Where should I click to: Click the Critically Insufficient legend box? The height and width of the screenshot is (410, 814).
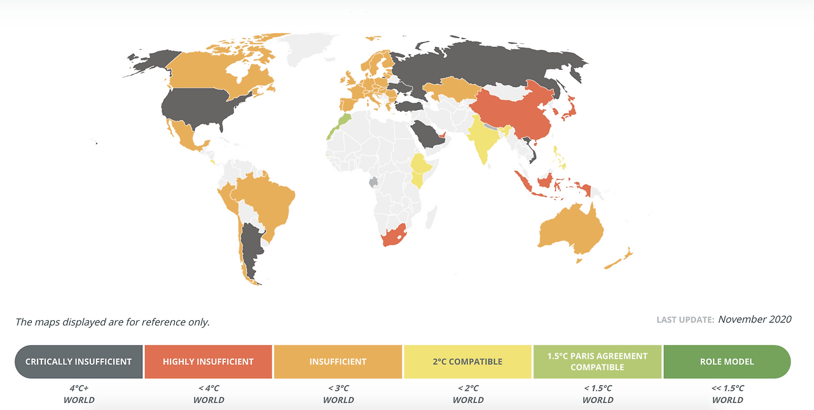tap(79, 362)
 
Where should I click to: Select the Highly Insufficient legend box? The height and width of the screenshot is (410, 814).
tap(208, 362)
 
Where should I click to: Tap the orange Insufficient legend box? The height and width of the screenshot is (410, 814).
tap(338, 362)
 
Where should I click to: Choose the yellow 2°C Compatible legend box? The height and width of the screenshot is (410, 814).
tap(467, 362)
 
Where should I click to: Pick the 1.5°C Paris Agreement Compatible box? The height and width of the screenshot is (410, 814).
tap(597, 362)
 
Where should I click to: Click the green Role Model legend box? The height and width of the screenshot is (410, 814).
tap(726, 362)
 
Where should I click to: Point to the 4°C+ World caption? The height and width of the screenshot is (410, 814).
tap(79, 394)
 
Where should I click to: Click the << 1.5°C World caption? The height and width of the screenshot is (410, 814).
tap(728, 394)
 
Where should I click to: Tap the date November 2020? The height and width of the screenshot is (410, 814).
tap(755, 319)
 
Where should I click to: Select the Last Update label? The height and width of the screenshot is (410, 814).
tap(685, 320)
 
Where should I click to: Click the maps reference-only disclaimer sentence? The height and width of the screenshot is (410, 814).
tap(113, 322)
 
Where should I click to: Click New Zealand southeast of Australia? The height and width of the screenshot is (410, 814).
tap(618, 259)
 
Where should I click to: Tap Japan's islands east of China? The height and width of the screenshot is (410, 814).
tap(569, 107)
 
